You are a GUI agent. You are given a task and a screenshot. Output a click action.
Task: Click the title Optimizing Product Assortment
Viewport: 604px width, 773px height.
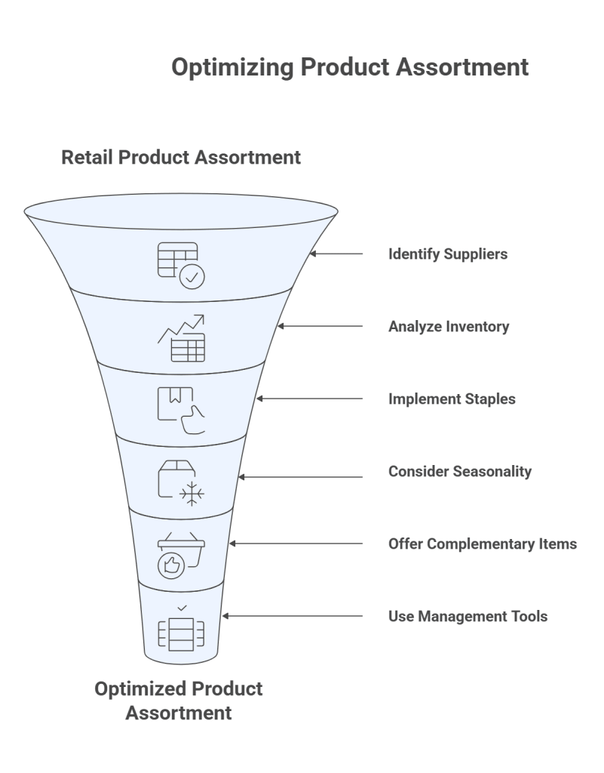coord(349,67)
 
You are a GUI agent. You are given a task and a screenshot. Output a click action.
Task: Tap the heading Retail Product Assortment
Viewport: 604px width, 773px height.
coord(181,157)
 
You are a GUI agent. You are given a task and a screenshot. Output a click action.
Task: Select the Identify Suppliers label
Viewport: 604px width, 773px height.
coord(447,254)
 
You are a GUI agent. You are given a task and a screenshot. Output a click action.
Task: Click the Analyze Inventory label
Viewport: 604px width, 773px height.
coord(448,327)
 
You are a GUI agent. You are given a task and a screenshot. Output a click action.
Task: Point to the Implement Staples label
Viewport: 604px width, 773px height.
coord(451,399)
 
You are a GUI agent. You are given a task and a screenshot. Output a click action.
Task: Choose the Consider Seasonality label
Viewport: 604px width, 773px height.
coord(459,471)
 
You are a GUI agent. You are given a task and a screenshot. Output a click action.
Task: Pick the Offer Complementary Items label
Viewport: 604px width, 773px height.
coord(482,544)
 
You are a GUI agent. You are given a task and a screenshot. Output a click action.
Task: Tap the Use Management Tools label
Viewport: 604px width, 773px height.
coord(468,616)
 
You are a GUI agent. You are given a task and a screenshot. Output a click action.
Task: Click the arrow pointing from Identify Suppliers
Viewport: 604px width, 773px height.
coord(336,254)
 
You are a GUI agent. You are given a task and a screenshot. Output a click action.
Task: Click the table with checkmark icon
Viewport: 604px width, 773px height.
coord(180,264)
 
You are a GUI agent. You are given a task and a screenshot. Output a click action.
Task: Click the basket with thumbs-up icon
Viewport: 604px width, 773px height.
coord(180,556)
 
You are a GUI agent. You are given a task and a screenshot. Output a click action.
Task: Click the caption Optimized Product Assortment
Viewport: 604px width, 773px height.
coord(179,700)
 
